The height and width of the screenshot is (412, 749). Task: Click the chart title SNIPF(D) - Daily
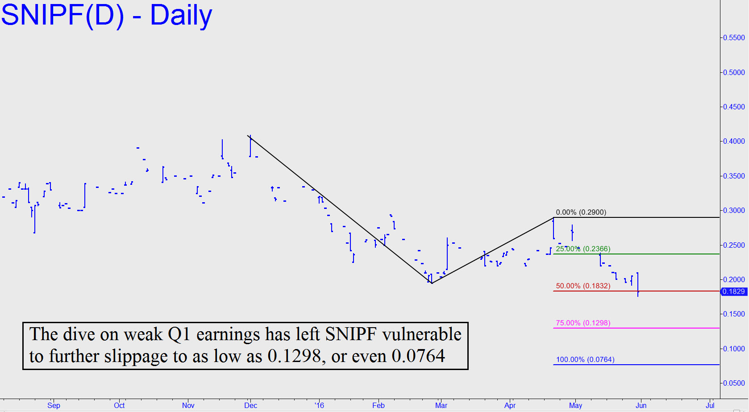tap(106, 16)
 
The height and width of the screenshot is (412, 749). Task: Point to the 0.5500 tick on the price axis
tap(734, 38)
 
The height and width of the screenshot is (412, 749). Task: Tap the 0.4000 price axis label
tap(734, 141)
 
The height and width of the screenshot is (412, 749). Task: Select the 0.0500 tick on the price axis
tap(734, 383)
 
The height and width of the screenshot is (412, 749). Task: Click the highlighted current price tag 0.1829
tap(734, 291)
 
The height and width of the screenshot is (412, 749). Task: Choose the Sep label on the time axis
tap(54, 405)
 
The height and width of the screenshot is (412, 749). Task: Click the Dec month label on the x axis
tap(250, 405)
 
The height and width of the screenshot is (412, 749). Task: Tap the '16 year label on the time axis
tap(319, 405)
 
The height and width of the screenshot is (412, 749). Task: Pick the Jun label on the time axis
tap(641, 405)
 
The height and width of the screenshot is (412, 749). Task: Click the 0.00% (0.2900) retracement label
tap(581, 212)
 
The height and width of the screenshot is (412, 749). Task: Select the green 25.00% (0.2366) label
tap(583, 249)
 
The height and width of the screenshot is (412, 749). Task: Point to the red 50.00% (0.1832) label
tap(583, 286)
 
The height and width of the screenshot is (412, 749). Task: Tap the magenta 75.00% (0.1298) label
tap(583, 323)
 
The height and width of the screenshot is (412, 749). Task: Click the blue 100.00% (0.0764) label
tap(585, 360)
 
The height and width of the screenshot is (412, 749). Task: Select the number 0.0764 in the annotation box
tap(418, 356)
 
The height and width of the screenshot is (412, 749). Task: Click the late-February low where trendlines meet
tap(432, 283)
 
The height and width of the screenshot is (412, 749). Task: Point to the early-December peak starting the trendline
tap(248, 136)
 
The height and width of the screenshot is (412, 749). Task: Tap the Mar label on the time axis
tap(441, 405)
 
